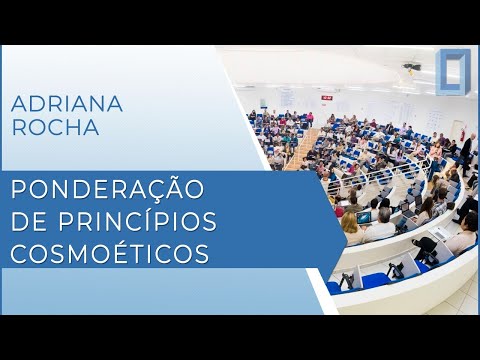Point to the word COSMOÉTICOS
coord(111,253)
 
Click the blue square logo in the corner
coord(453,71)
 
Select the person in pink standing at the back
coord(310,118)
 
